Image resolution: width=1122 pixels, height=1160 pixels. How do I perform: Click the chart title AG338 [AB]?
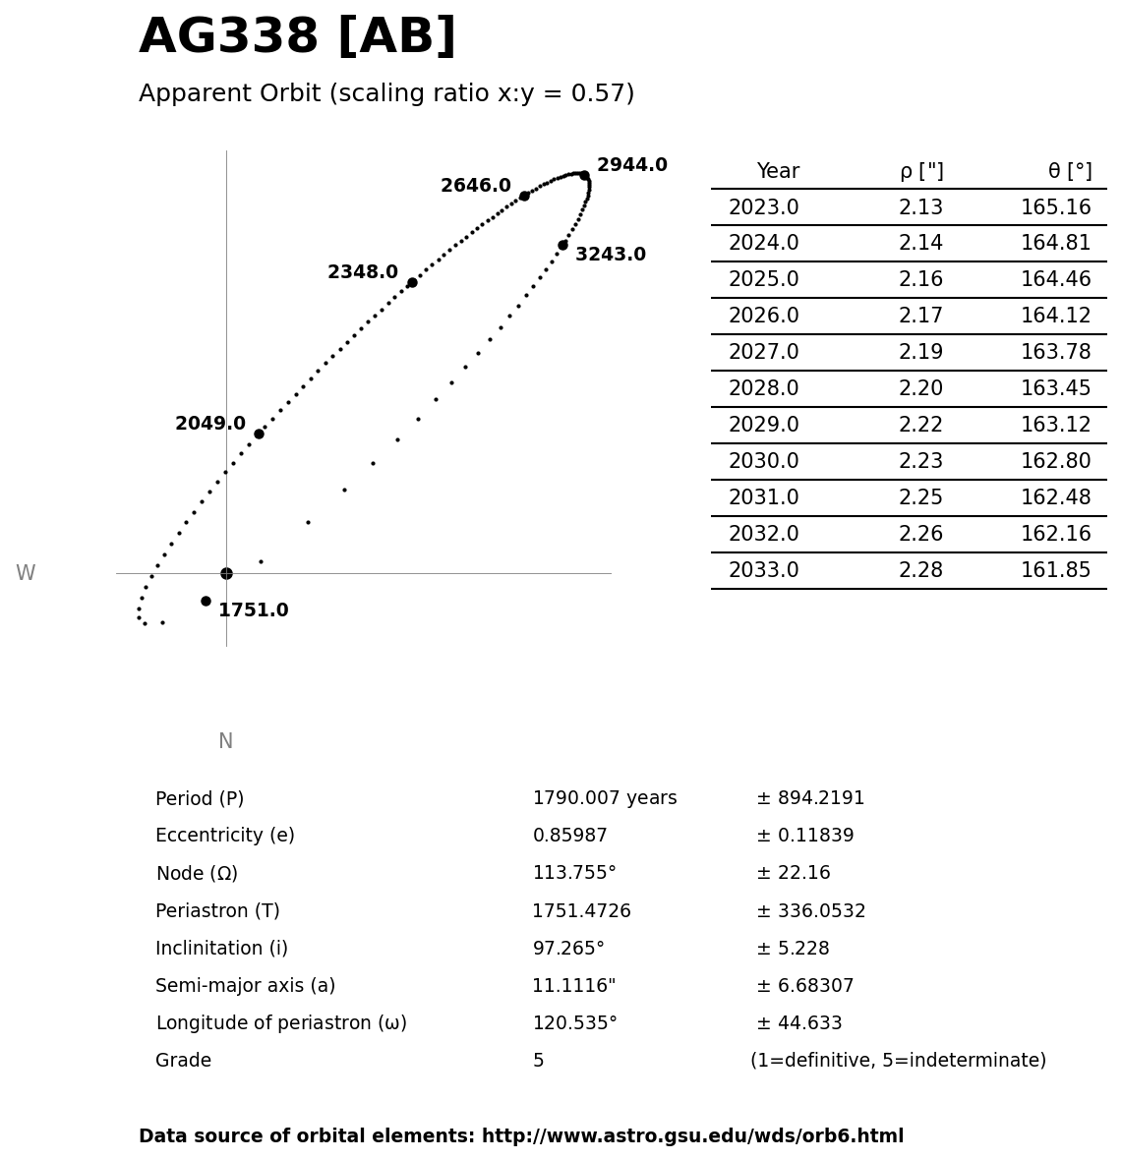point(297,37)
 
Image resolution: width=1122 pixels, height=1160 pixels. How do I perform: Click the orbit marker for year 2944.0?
point(584,175)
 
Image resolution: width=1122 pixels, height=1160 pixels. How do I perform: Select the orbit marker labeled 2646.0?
point(524,196)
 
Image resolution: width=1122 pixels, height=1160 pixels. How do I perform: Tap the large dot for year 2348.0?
point(412,282)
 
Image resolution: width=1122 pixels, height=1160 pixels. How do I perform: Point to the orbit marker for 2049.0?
point(259,434)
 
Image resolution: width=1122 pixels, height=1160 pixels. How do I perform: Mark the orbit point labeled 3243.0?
point(562,245)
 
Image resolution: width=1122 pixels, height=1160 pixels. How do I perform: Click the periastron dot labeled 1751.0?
point(206,601)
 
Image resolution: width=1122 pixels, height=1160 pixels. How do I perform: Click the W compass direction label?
point(26,573)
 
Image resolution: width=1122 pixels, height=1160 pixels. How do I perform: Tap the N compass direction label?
point(225,741)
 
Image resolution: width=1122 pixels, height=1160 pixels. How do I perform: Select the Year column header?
point(778,171)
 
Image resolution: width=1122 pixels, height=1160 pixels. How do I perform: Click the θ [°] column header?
point(1069,171)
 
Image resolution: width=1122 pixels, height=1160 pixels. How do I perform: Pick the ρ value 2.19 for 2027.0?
point(920,352)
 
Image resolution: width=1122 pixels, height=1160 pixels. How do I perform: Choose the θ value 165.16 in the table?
point(1055,207)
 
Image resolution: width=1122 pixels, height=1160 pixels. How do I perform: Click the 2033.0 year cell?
point(763,570)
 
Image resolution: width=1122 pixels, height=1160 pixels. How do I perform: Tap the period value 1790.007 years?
point(604,798)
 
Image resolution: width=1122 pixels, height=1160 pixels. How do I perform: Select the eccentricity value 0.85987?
point(569,836)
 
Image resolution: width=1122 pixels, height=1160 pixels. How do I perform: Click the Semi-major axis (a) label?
point(245,985)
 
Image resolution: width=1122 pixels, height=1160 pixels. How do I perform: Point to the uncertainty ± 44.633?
point(798,1023)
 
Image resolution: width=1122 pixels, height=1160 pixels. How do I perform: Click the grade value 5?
point(538,1061)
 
